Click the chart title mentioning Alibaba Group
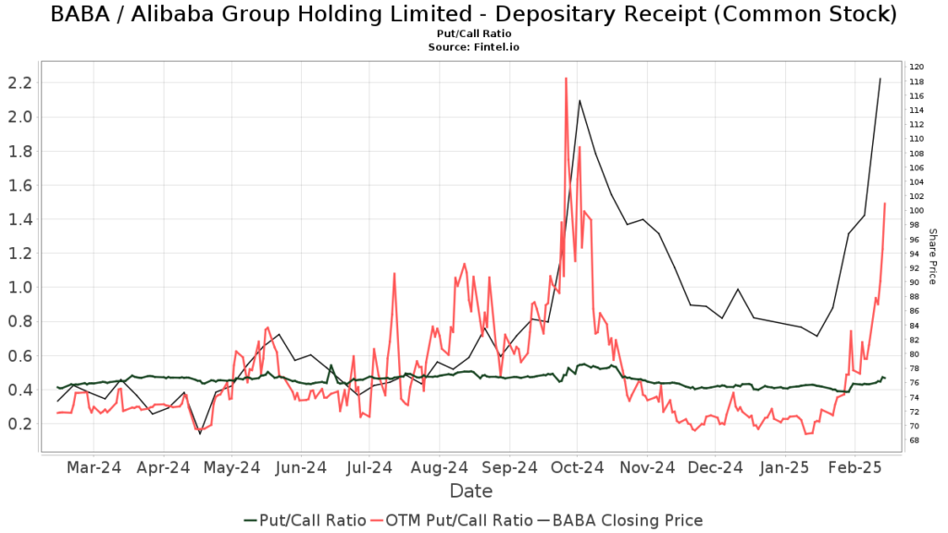473,15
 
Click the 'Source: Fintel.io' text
473,45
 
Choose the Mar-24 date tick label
94,467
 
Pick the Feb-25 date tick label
854,467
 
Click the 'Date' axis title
471,490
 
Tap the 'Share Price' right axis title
932,256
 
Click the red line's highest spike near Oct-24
566,79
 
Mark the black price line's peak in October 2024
580,100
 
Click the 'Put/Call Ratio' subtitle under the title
473,33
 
